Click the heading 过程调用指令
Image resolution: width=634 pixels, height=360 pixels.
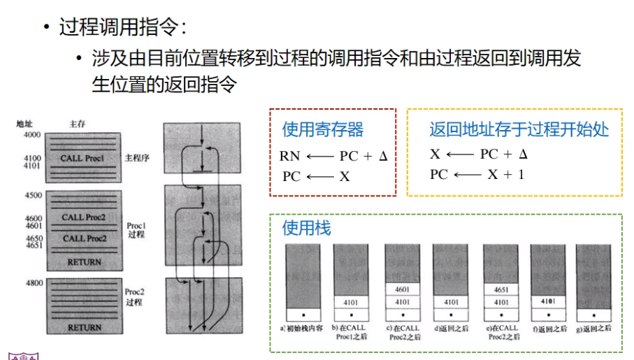tap(122, 28)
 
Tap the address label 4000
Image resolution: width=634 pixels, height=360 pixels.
tap(32, 134)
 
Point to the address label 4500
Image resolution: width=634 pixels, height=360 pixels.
tap(32, 195)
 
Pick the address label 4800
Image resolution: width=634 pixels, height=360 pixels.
tap(32, 283)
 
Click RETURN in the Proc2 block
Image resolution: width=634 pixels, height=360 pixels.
tap(85, 327)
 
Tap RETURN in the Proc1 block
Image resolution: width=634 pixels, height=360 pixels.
tap(85, 262)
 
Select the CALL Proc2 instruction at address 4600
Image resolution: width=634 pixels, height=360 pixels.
tap(84, 217)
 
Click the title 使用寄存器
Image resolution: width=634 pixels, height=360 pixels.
tap(323, 129)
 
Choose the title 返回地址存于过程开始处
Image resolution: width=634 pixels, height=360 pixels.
tap(519, 129)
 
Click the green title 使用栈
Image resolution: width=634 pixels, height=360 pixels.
tap(306, 228)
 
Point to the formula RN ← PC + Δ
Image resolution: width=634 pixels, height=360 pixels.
tap(333, 157)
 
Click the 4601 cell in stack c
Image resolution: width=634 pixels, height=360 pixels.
tap(401, 289)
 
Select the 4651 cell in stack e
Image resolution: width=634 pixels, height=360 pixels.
tap(500, 289)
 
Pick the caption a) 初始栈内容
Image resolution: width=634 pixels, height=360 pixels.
tap(302, 328)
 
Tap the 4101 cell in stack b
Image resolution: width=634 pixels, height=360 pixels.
tap(351, 302)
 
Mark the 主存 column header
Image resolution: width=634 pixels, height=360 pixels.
tap(77, 124)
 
